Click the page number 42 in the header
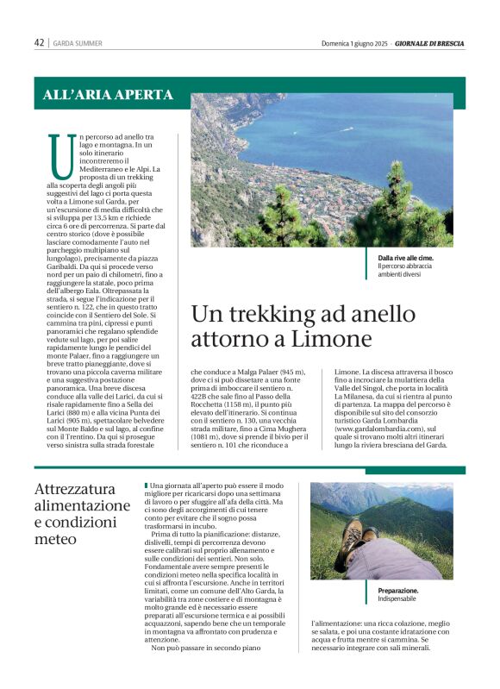click(39, 42)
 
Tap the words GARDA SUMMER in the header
click(78, 43)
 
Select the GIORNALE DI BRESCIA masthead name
click(431, 42)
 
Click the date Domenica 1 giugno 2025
click(357, 42)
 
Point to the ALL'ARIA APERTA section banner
click(108, 95)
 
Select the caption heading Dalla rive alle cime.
click(411, 258)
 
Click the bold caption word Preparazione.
click(399, 591)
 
